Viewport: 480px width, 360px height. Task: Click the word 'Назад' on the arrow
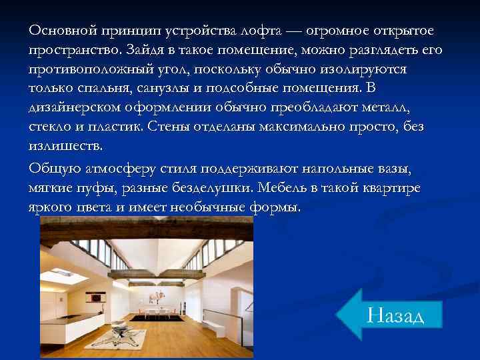pyautogui.click(x=395, y=314)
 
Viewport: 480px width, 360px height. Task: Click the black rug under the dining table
pyautogui.click(x=153, y=317)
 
